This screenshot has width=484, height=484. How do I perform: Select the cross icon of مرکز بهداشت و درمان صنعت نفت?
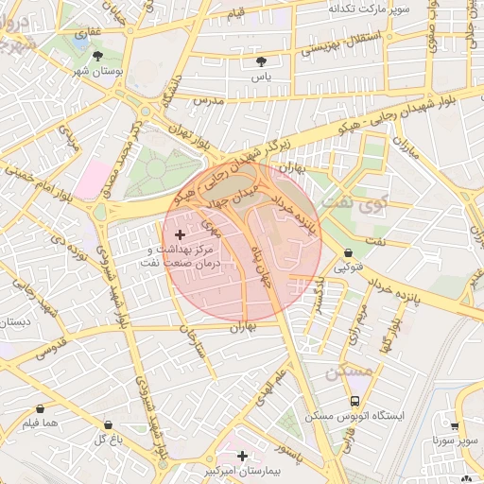181,233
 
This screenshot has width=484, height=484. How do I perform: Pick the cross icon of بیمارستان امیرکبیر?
243,456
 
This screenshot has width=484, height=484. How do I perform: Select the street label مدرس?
207,99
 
